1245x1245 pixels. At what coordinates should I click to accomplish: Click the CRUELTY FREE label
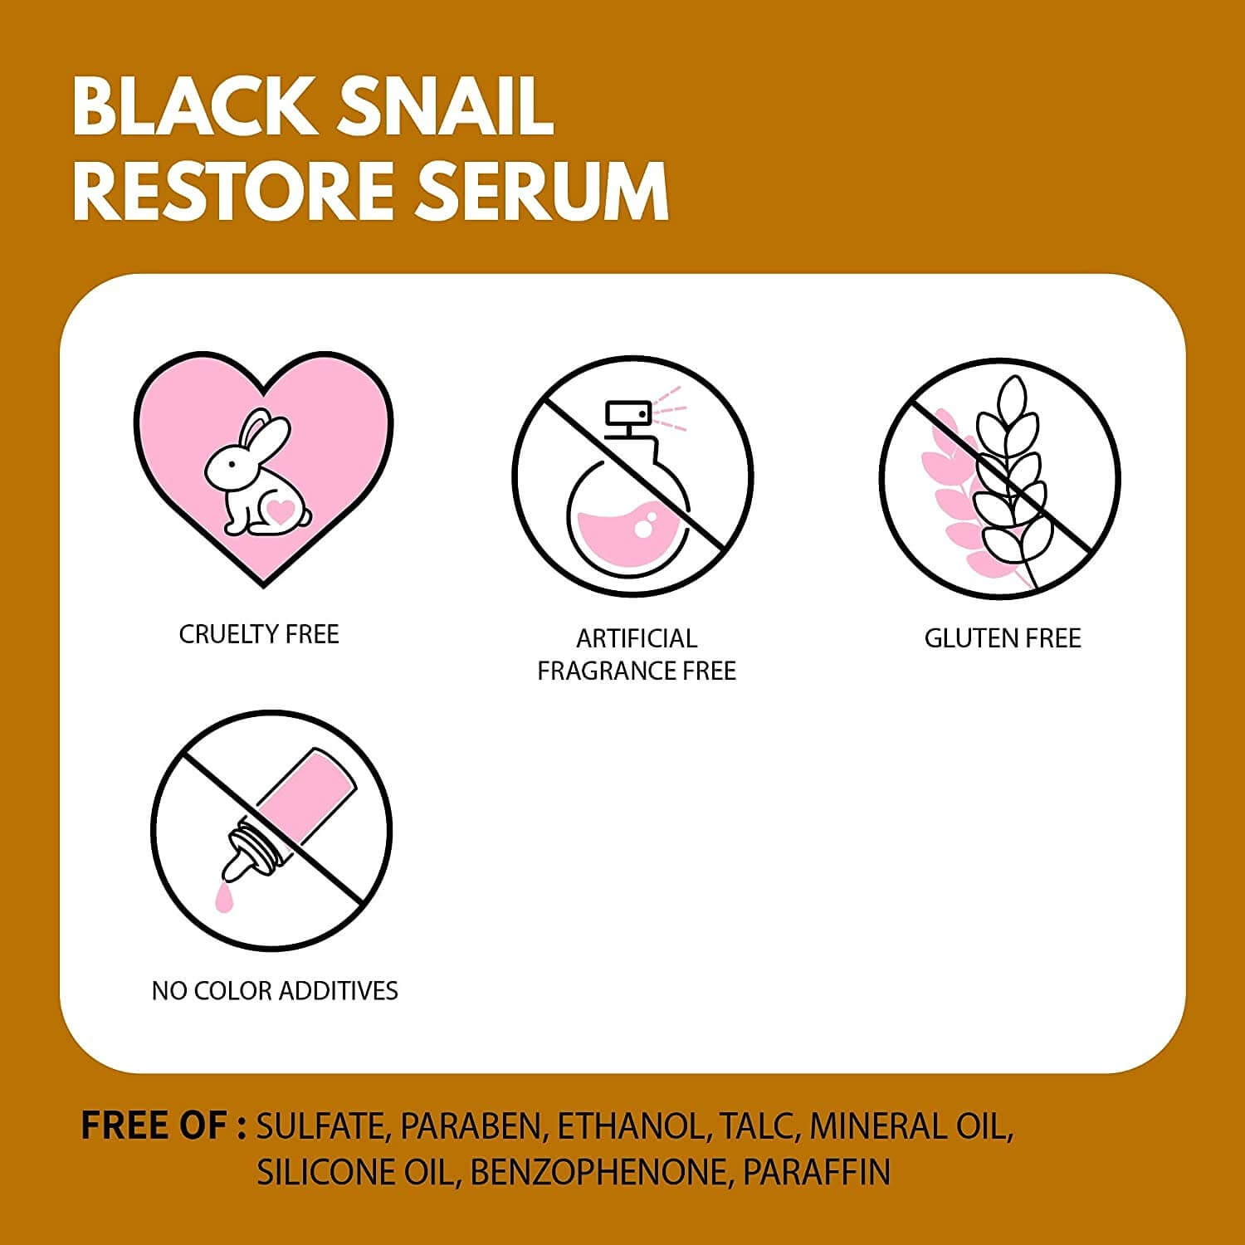(x=259, y=634)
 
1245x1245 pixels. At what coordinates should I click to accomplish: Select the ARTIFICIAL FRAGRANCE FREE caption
(x=637, y=654)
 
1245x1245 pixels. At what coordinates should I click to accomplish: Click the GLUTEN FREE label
(x=1003, y=638)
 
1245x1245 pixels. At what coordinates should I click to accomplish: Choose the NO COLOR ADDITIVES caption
(x=275, y=990)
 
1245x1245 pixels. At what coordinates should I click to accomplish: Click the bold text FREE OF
(x=164, y=1126)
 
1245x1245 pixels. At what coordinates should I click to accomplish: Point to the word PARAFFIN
(x=817, y=1172)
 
